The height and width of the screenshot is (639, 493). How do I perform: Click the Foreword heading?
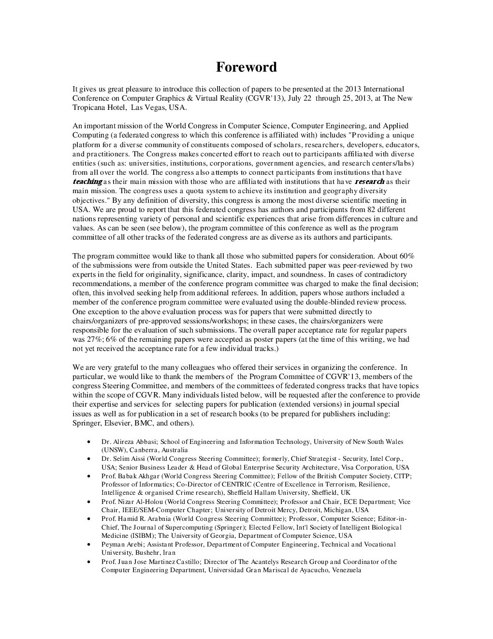pyautogui.click(x=246, y=67)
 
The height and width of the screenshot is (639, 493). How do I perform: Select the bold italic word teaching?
pyautogui.click(x=87, y=182)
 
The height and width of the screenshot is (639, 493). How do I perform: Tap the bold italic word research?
pyautogui.click(x=369, y=182)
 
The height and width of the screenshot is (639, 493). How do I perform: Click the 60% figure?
pyautogui.click(x=406, y=256)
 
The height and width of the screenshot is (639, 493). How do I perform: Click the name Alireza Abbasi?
pyautogui.click(x=135, y=441)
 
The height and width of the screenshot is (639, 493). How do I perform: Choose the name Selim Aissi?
pyautogui.click(x=128, y=458)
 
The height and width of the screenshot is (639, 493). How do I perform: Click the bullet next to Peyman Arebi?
pyautogui.click(x=89, y=544)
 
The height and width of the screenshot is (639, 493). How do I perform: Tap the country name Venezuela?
pyautogui.click(x=345, y=570)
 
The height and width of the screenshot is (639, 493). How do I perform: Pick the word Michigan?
pyautogui.click(x=338, y=510)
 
